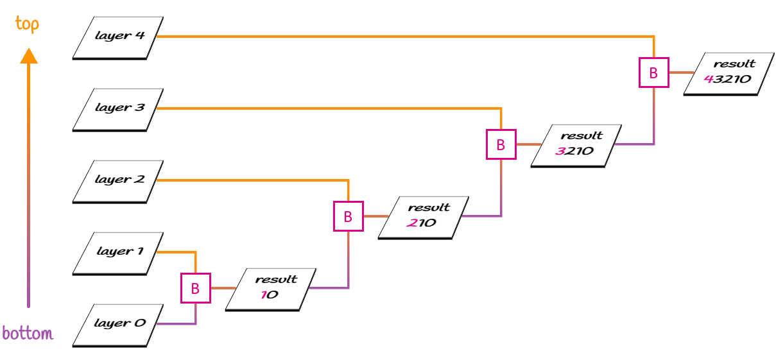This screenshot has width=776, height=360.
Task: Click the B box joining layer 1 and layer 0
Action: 195,289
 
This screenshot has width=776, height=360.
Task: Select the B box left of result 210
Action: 348,217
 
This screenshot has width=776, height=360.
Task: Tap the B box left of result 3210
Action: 501,145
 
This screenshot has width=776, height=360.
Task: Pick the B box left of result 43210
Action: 653,73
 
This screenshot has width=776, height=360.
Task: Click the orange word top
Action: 27,24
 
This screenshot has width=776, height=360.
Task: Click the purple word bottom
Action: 28,334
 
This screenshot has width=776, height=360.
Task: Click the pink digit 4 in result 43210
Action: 708,80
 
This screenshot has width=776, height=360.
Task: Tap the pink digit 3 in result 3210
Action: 560,151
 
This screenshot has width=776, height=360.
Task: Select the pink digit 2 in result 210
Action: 411,223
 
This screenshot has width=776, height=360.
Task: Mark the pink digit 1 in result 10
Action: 263,295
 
